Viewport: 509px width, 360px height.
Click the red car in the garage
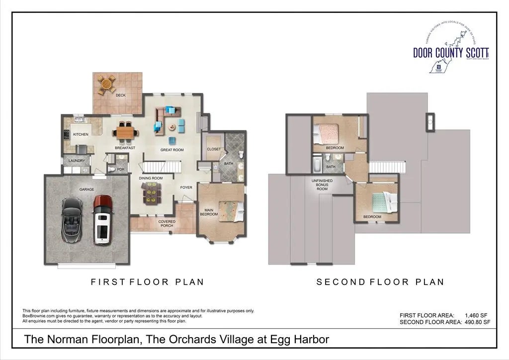[x=102, y=219]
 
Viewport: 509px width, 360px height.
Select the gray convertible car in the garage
[x=72, y=219]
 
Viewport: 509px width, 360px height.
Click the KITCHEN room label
[x=81, y=135]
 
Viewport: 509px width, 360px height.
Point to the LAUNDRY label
[x=77, y=161]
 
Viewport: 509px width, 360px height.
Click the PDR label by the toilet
[x=120, y=170]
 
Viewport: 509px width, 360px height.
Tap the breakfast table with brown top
[x=125, y=132]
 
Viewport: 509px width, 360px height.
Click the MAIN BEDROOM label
[x=209, y=212]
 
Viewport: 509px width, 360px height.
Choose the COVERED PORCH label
[x=167, y=224]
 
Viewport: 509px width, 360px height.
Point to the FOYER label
[x=186, y=187]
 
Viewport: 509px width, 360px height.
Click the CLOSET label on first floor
[x=214, y=149]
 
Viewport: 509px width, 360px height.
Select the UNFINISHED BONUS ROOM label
[x=322, y=185]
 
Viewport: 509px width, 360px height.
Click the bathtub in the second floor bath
[x=317, y=164]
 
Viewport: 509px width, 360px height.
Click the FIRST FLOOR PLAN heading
[x=147, y=282]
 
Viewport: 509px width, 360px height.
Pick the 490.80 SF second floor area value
[x=478, y=322]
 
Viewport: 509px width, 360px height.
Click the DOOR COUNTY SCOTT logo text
[x=451, y=52]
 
